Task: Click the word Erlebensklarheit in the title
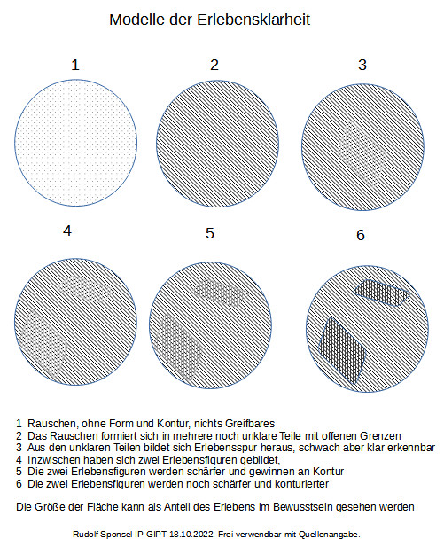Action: [x=253, y=20]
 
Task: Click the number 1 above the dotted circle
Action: [x=75, y=65]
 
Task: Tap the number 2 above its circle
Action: [x=214, y=65]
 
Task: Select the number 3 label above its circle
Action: [x=362, y=65]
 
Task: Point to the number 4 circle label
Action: [x=67, y=231]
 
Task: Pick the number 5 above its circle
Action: [x=210, y=233]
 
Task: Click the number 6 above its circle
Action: [x=361, y=235]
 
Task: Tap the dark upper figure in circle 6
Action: [x=382, y=293]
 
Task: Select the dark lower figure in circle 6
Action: [x=342, y=350]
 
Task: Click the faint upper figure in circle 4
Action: [x=86, y=289]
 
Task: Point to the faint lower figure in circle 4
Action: [x=44, y=342]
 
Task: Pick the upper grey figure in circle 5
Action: [x=220, y=293]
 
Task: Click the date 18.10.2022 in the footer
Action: [x=192, y=535]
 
